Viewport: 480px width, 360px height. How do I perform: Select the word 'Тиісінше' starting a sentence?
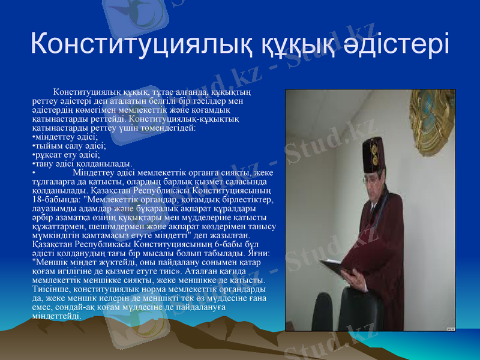tap(50, 289)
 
